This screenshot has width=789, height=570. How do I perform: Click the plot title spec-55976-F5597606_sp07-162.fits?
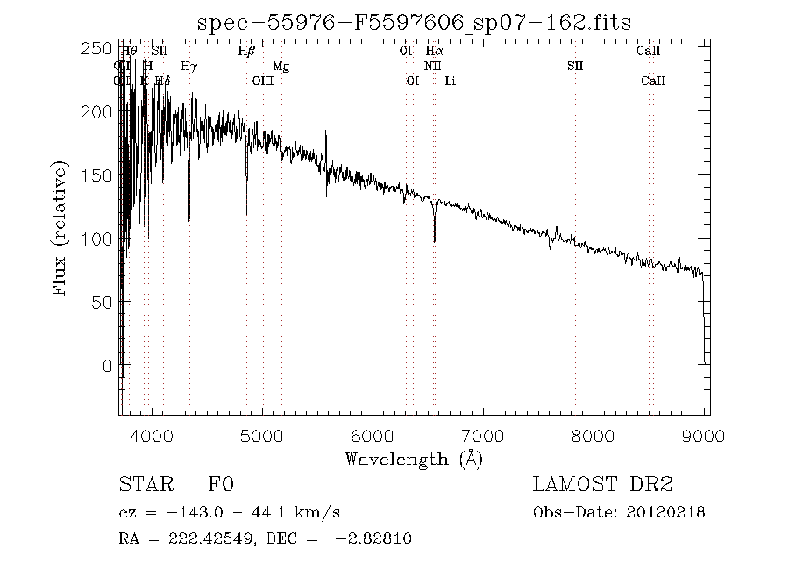point(414,21)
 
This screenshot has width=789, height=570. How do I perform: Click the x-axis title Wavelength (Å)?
point(413,458)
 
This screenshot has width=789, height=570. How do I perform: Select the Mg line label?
point(281,67)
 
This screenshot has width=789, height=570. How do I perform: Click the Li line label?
point(450,82)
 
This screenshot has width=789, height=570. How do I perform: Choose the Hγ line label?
point(188,67)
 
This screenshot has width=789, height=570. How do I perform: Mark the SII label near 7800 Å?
point(575,67)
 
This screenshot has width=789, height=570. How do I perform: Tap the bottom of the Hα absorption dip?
point(434,240)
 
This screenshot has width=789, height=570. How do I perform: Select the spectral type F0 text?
point(220,485)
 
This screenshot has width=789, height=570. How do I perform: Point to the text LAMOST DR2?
point(601,485)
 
